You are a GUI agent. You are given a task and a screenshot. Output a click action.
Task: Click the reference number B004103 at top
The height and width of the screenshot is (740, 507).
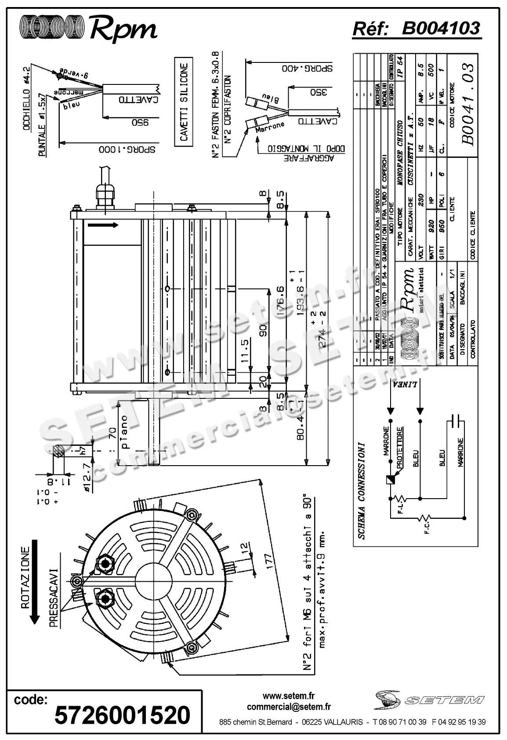point(441,29)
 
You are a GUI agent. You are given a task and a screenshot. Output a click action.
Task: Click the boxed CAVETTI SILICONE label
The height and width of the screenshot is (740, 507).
point(184,102)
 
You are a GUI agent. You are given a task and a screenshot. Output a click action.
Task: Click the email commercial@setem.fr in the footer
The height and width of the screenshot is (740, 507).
point(289,707)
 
